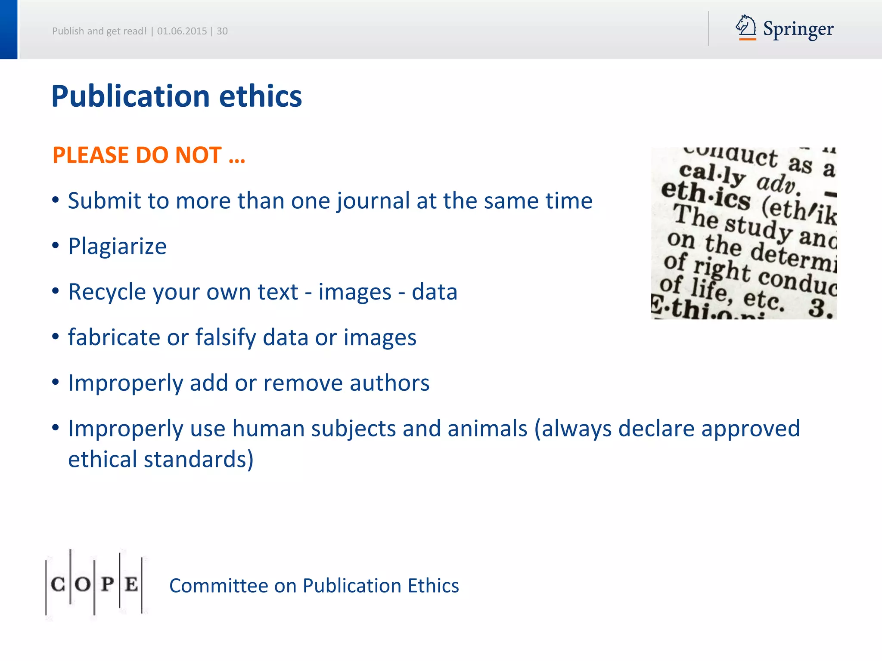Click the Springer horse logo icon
746,27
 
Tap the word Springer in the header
798,29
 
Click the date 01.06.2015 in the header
182,31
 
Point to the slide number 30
222,31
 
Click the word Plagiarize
117,246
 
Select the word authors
389,383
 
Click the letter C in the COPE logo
58,584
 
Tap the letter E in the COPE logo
131,584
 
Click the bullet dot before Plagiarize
56,246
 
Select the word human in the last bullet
268,429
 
